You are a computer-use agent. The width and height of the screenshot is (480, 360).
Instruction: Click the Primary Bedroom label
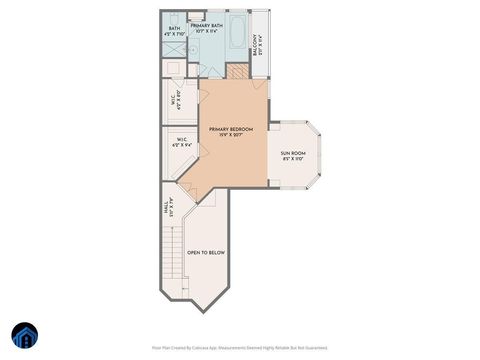pos(231,130)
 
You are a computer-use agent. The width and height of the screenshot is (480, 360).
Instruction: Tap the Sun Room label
pos(292,153)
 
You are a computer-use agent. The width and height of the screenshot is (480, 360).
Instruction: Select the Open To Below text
pos(206,253)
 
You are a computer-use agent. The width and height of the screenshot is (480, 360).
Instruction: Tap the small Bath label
pos(174,28)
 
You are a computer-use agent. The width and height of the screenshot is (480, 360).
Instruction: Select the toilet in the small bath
pos(195,17)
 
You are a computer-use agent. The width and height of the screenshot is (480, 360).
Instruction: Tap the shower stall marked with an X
pos(174,50)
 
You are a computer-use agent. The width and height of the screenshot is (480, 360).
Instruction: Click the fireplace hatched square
pos(237,70)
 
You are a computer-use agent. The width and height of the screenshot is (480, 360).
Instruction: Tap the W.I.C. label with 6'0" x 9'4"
pos(182,142)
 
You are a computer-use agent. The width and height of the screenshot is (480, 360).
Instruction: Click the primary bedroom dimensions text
pos(231,136)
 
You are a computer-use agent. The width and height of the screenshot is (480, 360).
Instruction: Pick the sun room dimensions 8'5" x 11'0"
pos(292,159)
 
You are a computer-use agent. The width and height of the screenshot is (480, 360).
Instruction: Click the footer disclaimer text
pos(239,347)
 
